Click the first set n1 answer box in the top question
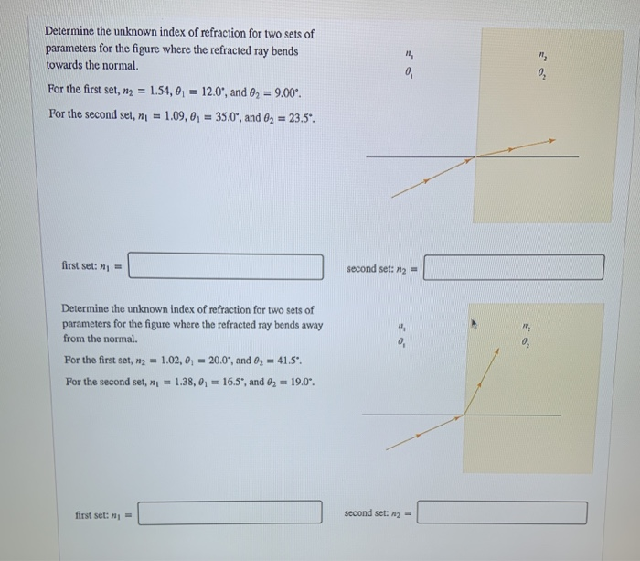[x=231, y=266]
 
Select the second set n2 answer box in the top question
[x=514, y=267]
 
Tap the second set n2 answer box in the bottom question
[x=502, y=512]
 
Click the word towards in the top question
[x=65, y=67]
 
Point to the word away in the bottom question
[x=310, y=325]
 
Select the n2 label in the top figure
[x=543, y=56]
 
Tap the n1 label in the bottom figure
[x=400, y=325]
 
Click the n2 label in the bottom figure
[x=526, y=325]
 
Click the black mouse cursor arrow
[x=475, y=323]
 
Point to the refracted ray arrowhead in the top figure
[x=551, y=141]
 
